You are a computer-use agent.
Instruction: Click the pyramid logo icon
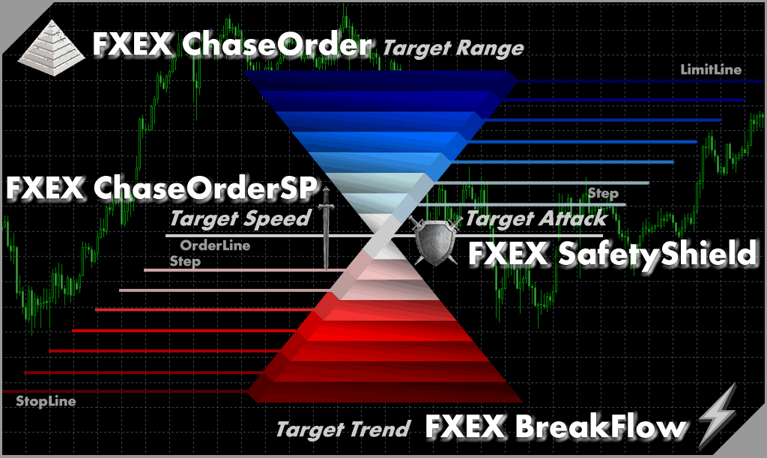coord(52,48)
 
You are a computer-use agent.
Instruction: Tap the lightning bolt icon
coord(717,416)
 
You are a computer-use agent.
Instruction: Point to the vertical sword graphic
coord(326,228)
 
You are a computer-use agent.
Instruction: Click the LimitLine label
coord(711,70)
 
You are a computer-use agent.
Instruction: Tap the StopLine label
coord(46,401)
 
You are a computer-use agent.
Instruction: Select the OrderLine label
coord(215,245)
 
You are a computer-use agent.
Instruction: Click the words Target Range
coord(453,49)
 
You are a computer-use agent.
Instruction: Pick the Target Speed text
coord(240,219)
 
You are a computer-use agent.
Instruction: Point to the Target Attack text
coord(536,218)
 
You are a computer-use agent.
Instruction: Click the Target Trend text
coord(343,429)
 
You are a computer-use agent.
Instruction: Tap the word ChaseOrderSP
coord(205,188)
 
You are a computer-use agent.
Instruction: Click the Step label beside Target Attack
coord(603,194)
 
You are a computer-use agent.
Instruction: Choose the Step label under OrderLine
coord(185,261)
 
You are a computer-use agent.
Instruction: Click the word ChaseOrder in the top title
coord(277,44)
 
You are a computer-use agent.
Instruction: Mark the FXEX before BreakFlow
coord(464,426)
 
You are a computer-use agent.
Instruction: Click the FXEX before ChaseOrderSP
coord(44,188)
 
